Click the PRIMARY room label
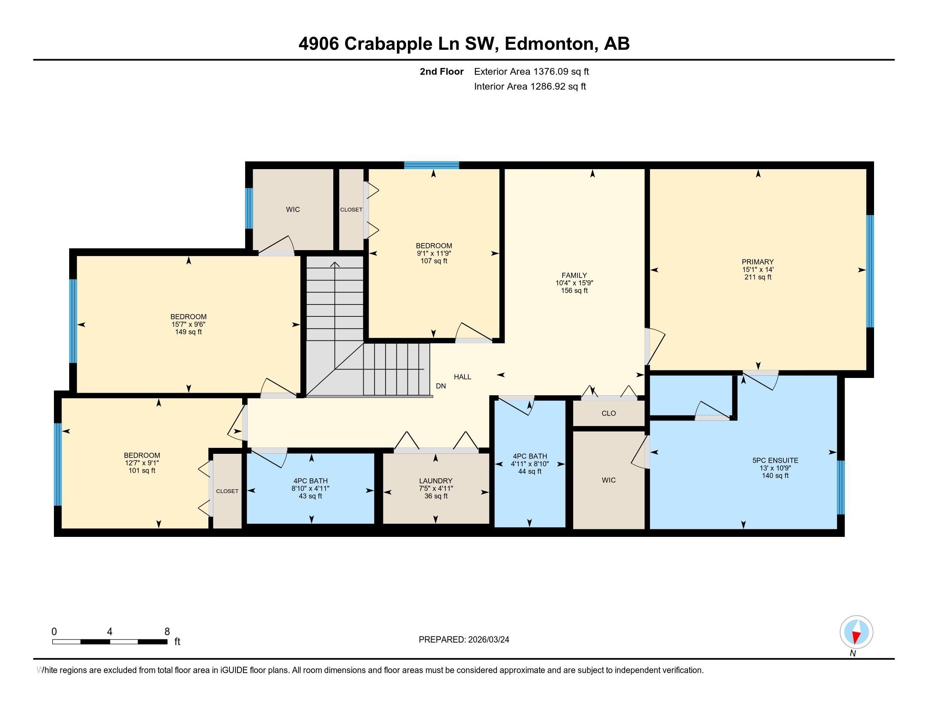coord(757,262)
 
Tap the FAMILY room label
coord(574,275)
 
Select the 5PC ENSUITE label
coord(775,461)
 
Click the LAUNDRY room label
coord(436,481)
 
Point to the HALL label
coord(462,377)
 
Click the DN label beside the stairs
coord(441,386)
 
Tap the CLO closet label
coord(608,413)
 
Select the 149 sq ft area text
coord(188,332)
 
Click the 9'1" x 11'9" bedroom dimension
coord(433,253)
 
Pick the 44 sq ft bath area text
coord(529,472)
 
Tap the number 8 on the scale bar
coord(167,632)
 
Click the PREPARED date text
coord(464,640)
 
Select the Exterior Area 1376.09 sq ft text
coord(531,71)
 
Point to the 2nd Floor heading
coord(441,71)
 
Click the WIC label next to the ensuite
coord(608,480)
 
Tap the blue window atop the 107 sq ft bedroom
coord(431,165)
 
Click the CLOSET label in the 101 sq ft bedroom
coord(227,491)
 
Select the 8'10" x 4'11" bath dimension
coord(310,488)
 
